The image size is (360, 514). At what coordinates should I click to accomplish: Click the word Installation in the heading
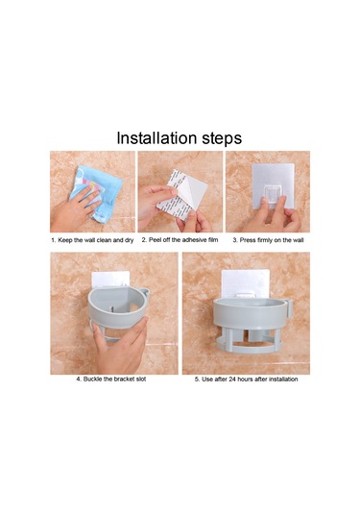pos(157,138)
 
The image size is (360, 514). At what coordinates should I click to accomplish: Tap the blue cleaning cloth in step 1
pos(97,193)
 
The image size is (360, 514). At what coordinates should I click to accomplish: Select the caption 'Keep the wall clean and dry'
pos(96,240)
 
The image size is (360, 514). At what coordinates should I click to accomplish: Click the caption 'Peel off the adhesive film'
pos(183,240)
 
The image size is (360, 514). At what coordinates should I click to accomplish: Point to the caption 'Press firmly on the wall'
pos(272,240)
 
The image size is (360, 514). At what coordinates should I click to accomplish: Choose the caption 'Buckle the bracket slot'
pos(114,379)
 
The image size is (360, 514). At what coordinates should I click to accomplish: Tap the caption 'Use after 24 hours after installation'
pos(250,379)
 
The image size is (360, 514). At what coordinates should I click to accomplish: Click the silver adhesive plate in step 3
pos(273,184)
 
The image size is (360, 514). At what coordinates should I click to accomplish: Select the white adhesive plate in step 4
pos(110,280)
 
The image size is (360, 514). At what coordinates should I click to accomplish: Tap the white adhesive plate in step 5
pos(246,282)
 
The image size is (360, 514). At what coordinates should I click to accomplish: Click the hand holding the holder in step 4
pos(121,346)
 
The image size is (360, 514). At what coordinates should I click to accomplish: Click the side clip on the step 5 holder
pos(290,308)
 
